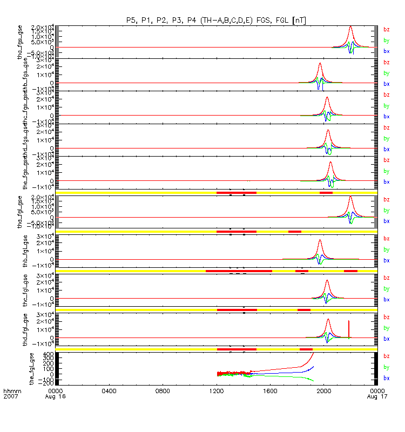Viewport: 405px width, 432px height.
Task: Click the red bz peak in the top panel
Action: (350, 26)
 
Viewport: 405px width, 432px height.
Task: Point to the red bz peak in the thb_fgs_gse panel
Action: (320, 64)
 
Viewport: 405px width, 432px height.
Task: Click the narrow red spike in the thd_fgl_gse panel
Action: (349, 322)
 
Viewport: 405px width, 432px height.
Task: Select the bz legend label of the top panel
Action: (386, 30)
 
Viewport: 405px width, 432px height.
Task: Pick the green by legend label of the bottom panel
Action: (386, 367)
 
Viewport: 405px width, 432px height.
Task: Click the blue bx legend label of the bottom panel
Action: (386, 378)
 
